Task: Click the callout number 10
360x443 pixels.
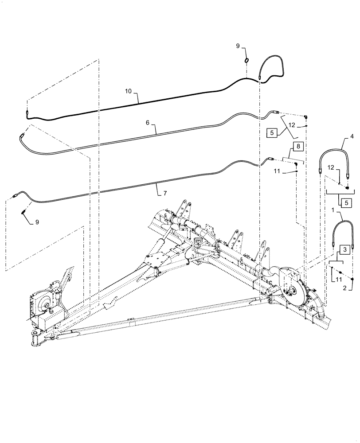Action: coord(128,91)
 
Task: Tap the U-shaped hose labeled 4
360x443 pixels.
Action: coord(334,153)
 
